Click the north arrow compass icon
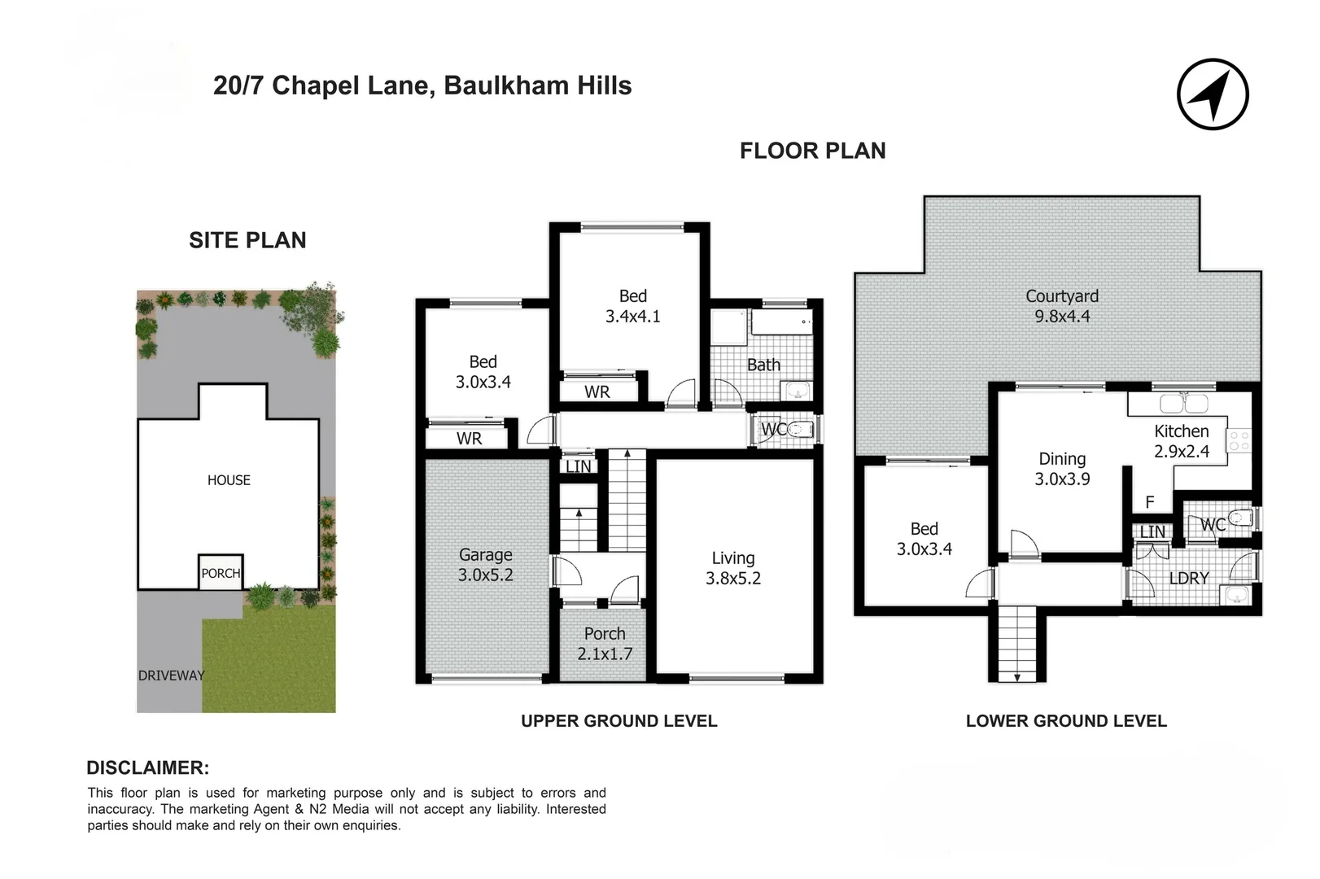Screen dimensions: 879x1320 click(x=1213, y=94)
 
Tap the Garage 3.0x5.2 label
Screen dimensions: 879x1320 click(x=485, y=565)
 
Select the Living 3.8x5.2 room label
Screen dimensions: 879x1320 click(x=732, y=568)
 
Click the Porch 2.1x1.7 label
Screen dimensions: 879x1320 click(x=605, y=644)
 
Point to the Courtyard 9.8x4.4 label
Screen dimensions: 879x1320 click(x=1062, y=306)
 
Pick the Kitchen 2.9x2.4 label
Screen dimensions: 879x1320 click(x=1182, y=441)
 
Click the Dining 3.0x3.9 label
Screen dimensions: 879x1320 click(x=1062, y=469)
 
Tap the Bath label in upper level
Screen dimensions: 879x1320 click(x=763, y=365)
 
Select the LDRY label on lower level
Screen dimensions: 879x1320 click(x=1188, y=579)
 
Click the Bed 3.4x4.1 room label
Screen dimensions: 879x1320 click(x=632, y=306)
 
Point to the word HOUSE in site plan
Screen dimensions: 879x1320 click(x=229, y=480)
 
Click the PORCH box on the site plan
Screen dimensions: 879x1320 click(x=221, y=573)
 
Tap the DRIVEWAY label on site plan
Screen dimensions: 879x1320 click(x=171, y=676)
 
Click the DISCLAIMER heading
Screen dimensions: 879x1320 click(x=147, y=767)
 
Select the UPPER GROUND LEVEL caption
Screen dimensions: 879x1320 click(x=618, y=721)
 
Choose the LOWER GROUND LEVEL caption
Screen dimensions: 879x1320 click(x=1066, y=721)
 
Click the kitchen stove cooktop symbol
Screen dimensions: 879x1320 click(x=1239, y=440)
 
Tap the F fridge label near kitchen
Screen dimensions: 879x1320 click(x=1149, y=503)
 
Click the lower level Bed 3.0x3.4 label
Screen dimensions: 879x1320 click(x=924, y=539)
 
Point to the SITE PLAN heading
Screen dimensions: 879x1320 click(x=247, y=240)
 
